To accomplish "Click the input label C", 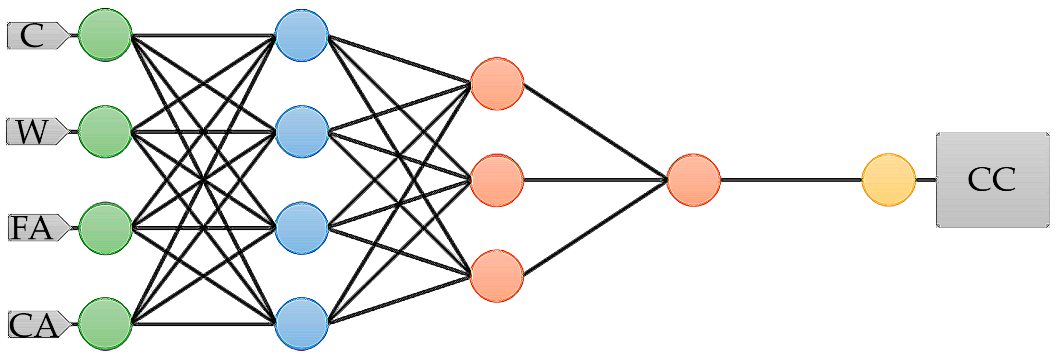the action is click(x=33, y=36).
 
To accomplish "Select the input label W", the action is click(x=33, y=132).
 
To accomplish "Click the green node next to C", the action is click(x=105, y=35).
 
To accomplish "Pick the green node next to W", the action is click(x=105, y=132).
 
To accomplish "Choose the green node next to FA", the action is click(x=105, y=228).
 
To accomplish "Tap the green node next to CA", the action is click(x=105, y=324).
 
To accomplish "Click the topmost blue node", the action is click(x=301, y=35).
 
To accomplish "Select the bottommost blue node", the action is click(x=301, y=324).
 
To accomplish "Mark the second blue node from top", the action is click(x=301, y=132).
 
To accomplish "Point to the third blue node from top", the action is click(x=301, y=228).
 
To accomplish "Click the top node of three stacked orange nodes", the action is click(x=497, y=84).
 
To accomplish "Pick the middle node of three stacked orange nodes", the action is click(x=497, y=180).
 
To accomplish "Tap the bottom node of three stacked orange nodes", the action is click(x=497, y=276).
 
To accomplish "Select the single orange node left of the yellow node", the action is click(x=694, y=180).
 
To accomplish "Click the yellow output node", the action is click(x=889, y=180).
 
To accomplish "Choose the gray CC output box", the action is click(x=993, y=180).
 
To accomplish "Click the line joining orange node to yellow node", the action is click(x=791, y=180).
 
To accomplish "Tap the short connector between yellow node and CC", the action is click(x=926, y=180).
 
